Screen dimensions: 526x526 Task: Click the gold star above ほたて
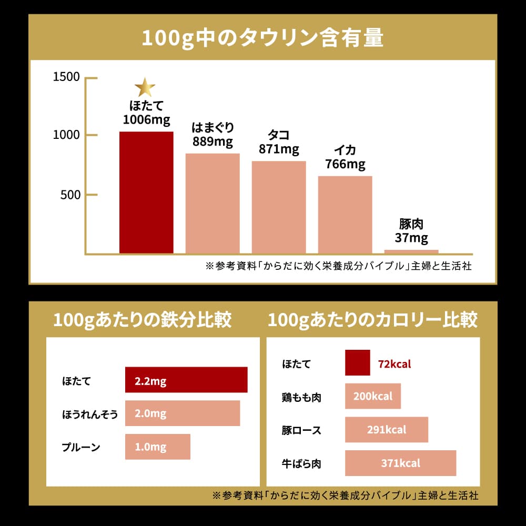click(x=145, y=87)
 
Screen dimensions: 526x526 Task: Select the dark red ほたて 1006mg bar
click(x=146, y=193)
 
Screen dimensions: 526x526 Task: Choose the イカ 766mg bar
click(x=345, y=215)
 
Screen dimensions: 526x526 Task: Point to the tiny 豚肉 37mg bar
click(x=411, y=251)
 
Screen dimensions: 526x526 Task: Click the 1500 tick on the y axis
click(x=67, y=77)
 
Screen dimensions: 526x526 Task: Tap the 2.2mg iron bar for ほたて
click(x=186, y=380)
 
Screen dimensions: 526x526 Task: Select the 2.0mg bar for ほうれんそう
click(x=183, y=413)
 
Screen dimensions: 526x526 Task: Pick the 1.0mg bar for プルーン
click(x=157, y=447)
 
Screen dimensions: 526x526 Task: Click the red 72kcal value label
click(x=394, y=363)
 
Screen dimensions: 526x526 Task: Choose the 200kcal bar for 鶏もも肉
click(x=373, y=396)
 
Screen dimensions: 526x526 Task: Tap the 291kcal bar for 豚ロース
click(x=387, y=429)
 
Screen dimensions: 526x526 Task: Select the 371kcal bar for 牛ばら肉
click(x=400, y=463)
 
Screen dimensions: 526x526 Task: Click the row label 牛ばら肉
click(x=301, y=463)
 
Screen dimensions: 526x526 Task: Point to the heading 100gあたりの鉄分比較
click(x=142, y=320)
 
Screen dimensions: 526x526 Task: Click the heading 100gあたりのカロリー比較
click(x=372, y=320)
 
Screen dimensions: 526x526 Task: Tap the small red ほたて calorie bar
click(x=358, y=363)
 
